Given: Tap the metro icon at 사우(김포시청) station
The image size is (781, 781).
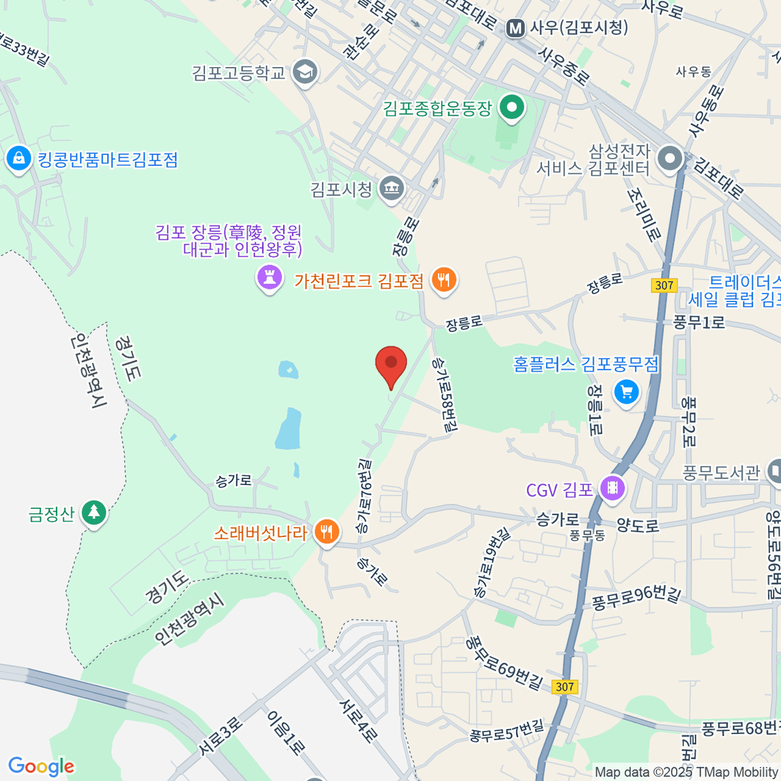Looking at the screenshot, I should tap(516, 28).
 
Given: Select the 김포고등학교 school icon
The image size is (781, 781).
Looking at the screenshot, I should tap(305, 72).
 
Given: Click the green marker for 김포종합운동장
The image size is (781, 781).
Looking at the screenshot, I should tap(512, 107).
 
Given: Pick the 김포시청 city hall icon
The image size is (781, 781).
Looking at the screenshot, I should tap(392, 189).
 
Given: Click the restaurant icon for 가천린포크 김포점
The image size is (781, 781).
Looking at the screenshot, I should tap(444, 280).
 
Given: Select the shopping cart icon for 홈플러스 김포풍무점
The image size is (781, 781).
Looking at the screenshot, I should tap(626, 392).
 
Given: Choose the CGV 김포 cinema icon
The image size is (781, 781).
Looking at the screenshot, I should tap(612, 487).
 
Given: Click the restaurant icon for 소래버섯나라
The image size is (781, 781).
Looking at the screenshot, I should tap(326, 532).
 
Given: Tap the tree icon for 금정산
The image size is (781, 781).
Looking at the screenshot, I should tap(94, 513).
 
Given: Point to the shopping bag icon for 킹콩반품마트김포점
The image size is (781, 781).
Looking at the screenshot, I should tap(18, 159).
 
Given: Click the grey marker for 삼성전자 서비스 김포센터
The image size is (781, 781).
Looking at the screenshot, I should tap(670, 158).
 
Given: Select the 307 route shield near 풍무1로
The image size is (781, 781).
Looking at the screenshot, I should tap(664, 285).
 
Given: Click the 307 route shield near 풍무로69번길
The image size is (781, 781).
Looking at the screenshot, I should tap(564, 687).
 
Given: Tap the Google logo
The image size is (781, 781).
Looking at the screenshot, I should tap(41, 767).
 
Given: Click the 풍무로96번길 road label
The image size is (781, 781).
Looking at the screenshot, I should tap(636, 599).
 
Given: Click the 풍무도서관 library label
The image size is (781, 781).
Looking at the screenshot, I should tap(721, 473).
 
